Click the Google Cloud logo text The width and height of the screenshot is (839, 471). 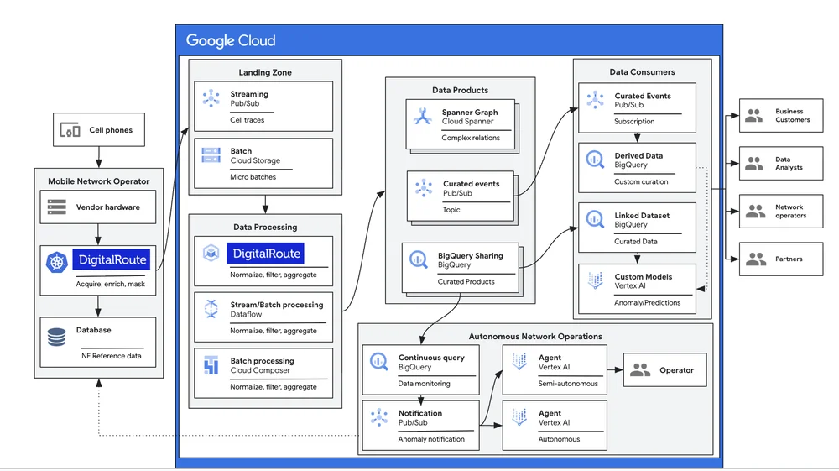231,40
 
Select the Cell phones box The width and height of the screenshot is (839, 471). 99,130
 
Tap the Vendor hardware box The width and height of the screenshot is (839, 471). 99,207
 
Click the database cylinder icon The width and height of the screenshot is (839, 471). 57,337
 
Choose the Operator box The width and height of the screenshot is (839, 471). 664,369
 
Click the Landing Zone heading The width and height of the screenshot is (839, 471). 265,72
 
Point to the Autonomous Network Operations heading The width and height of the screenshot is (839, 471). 534,336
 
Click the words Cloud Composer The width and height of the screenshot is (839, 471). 262,370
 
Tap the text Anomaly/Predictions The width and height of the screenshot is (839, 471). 647,302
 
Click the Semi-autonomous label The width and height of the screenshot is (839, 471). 568,384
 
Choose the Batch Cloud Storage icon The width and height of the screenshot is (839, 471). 211,156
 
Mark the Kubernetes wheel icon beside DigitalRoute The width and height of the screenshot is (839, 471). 56,262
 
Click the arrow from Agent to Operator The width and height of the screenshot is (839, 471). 614,369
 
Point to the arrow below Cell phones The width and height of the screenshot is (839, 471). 99,156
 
